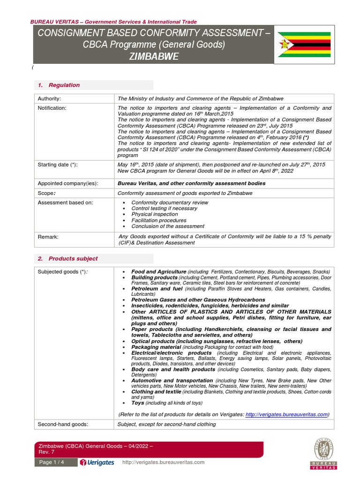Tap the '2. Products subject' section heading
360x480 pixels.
pyautogui.click(x=68, y=258)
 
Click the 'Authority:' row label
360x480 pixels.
pyautogui.click(x=50, y=98)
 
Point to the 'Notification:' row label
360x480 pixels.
pyautogui.click(x=52, y=108)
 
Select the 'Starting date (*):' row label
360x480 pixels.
pyautogui.click(x=58, y=165)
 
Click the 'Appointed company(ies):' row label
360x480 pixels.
pyautogui.click(x=67, y=183)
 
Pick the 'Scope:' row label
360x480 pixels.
pyautogui.click(x=46, y=193)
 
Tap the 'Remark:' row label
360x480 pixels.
pyautogui.click(x=48, y=237)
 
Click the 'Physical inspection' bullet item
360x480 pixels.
pyautogui.click(x=155, y=214)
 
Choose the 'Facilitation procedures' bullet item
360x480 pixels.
pyautogui.click(x=158, y=220)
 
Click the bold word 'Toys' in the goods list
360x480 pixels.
pyautogui.click(x=137, y=403)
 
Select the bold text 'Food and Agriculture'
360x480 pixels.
pyautogui.click(x=158, y=272)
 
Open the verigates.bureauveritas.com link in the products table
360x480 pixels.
pyautogui.click(x=286, y=414)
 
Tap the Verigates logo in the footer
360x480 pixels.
pyautogui.click(x=97, y=462)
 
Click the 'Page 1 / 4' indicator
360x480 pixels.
pyautogui.click(x=52, y=462)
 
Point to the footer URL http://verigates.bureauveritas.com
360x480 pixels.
pyautogui.click(x=163, y=462)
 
